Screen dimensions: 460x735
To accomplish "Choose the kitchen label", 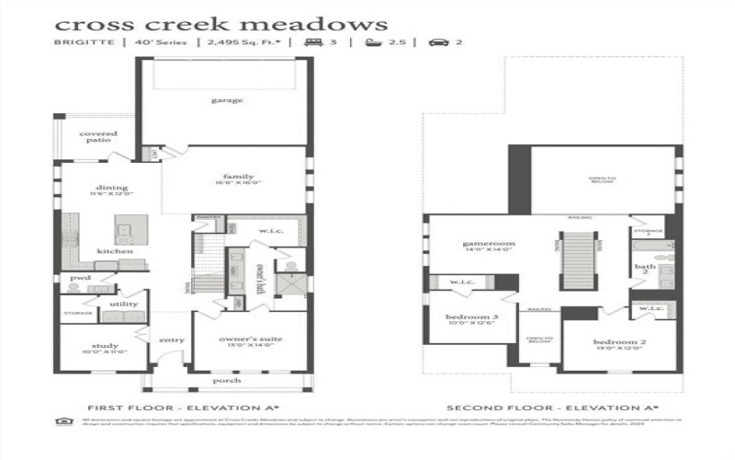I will click(x=116, y=251).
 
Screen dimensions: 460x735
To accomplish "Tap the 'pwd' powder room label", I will click(x=80, y=277).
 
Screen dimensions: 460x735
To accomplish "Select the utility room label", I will click(x=124, y=304).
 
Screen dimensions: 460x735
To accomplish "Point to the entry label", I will click(x=172, y=340).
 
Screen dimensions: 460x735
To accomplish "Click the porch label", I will click(x=226, y=380).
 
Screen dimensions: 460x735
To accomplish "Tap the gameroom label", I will click(x=488, y=244).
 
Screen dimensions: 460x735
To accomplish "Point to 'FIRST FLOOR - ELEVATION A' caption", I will click(x=183, y=407).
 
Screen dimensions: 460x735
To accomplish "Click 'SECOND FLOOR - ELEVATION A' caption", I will click(x=552, y=407).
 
